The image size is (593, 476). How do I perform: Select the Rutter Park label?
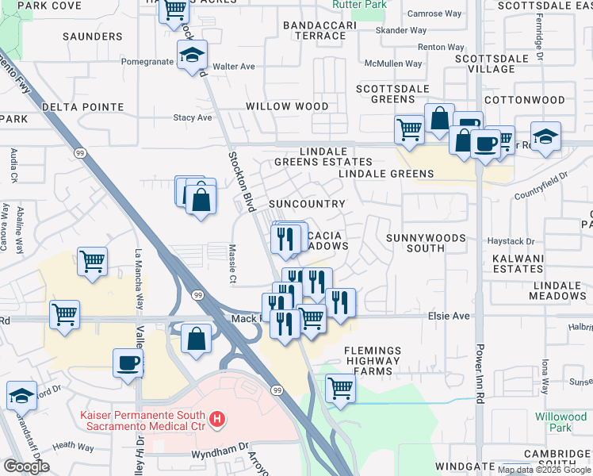[369, 5]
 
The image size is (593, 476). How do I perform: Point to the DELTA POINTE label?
[83, 107]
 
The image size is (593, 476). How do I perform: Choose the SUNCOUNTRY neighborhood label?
[307, 204]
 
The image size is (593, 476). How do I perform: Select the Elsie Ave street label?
[450, 316]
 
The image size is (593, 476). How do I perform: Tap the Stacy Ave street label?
[193, 117]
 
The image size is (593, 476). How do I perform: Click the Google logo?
[26, 466]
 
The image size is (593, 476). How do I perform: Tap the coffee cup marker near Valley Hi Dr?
[128, 364]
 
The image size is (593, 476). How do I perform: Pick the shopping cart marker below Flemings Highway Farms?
[340, 389]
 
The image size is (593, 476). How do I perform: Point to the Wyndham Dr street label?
[220, 455]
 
